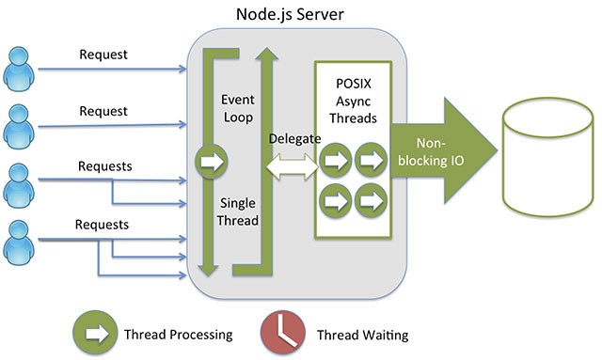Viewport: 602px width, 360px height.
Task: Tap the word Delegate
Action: click(x=294, y=138)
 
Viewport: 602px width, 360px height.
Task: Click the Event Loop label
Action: click(x=237, y=107)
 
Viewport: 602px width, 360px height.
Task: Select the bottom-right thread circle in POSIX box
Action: click(x=372, y=198)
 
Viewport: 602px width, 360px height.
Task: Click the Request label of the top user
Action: click(x=103, y=55)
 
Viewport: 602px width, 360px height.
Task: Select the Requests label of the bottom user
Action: click(x=103, y=225)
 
